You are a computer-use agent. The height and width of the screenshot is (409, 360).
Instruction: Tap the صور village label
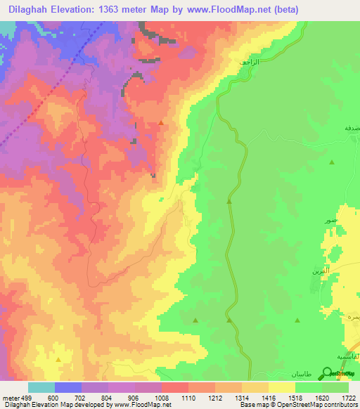pyautogui.click(x=329, y=221)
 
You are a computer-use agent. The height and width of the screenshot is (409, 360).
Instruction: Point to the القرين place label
pyautogui.click(x=320, y=271)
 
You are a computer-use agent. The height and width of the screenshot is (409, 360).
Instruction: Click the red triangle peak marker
pyautogui.click(x=162, y=123)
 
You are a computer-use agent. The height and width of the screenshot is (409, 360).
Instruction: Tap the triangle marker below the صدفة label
pyautogui.click(x=332, y=162)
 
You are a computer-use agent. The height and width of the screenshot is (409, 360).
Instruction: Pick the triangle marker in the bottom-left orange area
pyautogui.click(x=58, y=360)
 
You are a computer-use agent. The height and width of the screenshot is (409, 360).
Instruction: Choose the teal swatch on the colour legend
pyautogui.click(x=41, y=387)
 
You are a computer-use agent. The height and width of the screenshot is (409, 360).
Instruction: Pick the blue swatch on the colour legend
pyautogui.click(x=68, y=387)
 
